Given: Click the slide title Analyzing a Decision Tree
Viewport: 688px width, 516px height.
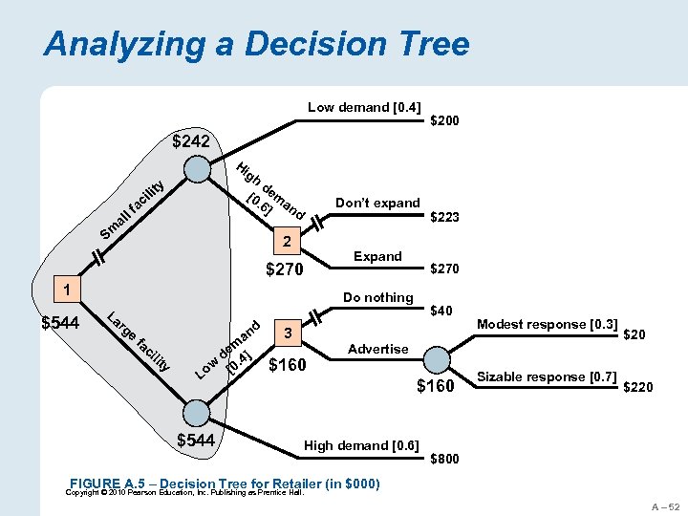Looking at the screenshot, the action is pyautogui.click(x=256, y=44).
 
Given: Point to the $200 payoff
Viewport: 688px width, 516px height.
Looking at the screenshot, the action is pyautogui.click(x=445, y=121).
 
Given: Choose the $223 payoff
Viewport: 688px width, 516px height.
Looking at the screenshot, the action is pyautogui.click(x=445, y=218).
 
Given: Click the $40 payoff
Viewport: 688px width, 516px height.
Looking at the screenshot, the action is pyautogui.click(x=441, y=310).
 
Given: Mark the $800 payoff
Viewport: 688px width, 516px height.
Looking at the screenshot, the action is pyautogui.click(x=445, y=459).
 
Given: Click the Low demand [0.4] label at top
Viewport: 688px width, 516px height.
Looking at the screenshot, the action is pyautogui.click(x=364, y=107).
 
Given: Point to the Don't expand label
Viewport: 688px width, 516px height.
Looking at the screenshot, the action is pyautogui.click(x=377, y=203).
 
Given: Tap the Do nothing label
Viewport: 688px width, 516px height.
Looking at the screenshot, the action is pyautogui.click(x=377, y=297).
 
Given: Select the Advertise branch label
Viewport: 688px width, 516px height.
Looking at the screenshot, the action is pyautogui.click(x=377, y=349).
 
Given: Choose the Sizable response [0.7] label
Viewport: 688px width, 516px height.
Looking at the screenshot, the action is pyautogui.click(x=546, y=376).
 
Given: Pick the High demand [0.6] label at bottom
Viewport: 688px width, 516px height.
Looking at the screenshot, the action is pyautogui.click(x=361, y=445).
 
